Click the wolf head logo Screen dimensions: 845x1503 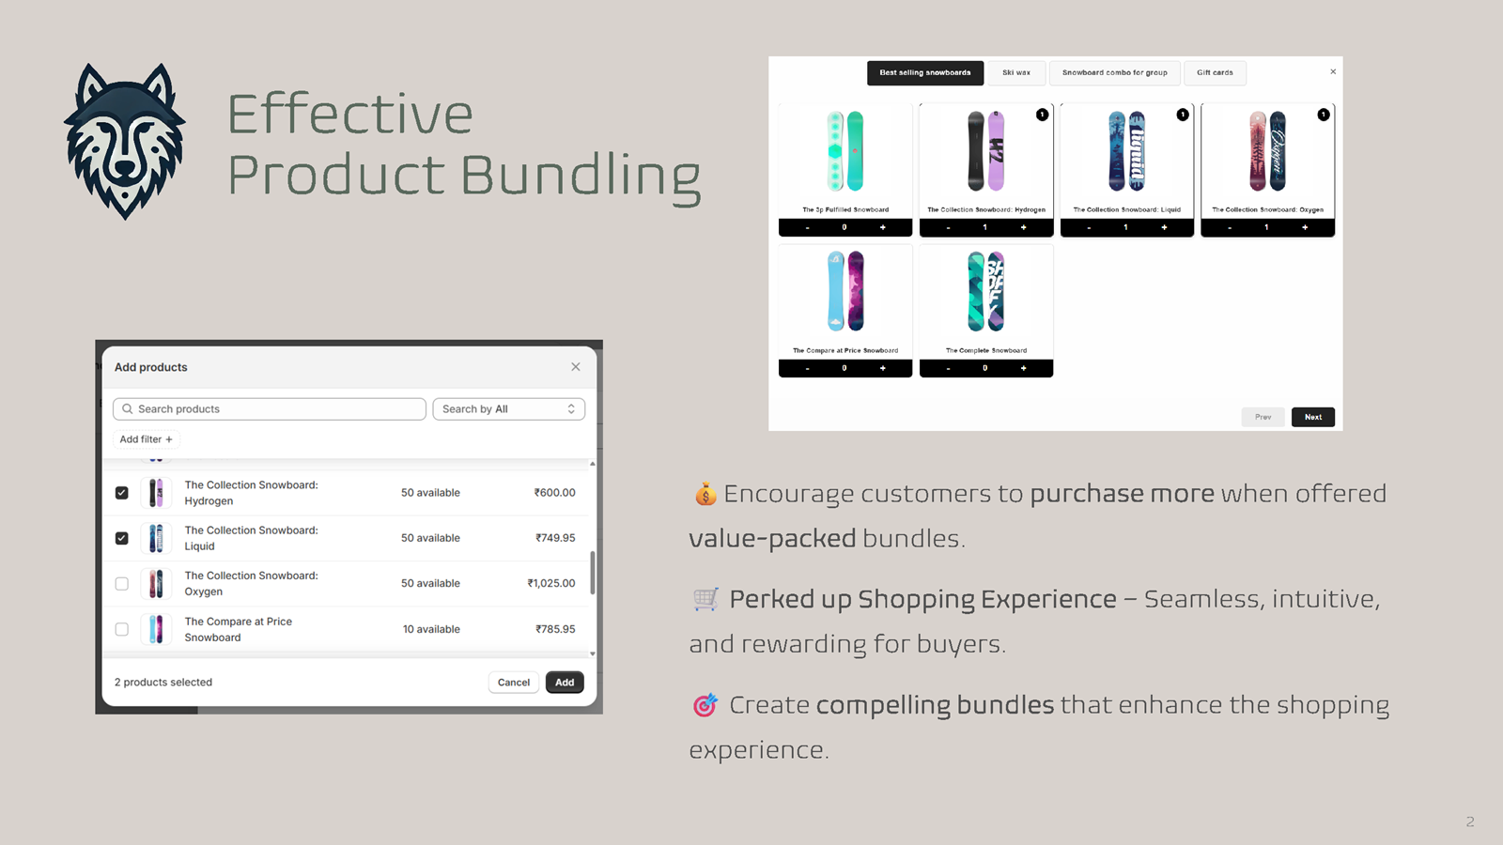125,141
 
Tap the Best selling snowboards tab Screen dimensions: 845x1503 925,73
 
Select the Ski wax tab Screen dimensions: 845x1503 1016,73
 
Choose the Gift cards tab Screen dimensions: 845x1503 1215,73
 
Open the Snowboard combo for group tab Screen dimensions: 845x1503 1115,73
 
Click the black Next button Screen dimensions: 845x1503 1312,417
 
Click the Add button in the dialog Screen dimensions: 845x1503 565,683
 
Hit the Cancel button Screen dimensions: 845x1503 514,683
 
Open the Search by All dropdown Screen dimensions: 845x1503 508,409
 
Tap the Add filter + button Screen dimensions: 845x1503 147,439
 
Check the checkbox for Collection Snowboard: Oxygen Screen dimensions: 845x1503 122,584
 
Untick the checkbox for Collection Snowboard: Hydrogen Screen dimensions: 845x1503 122,493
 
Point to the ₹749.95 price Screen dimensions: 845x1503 555,538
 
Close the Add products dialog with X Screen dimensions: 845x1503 576,367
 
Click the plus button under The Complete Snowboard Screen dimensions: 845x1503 1024,368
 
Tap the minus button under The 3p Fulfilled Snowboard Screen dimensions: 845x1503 807,227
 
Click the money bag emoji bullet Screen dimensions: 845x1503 705,494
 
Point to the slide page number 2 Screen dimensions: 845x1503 1470,822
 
